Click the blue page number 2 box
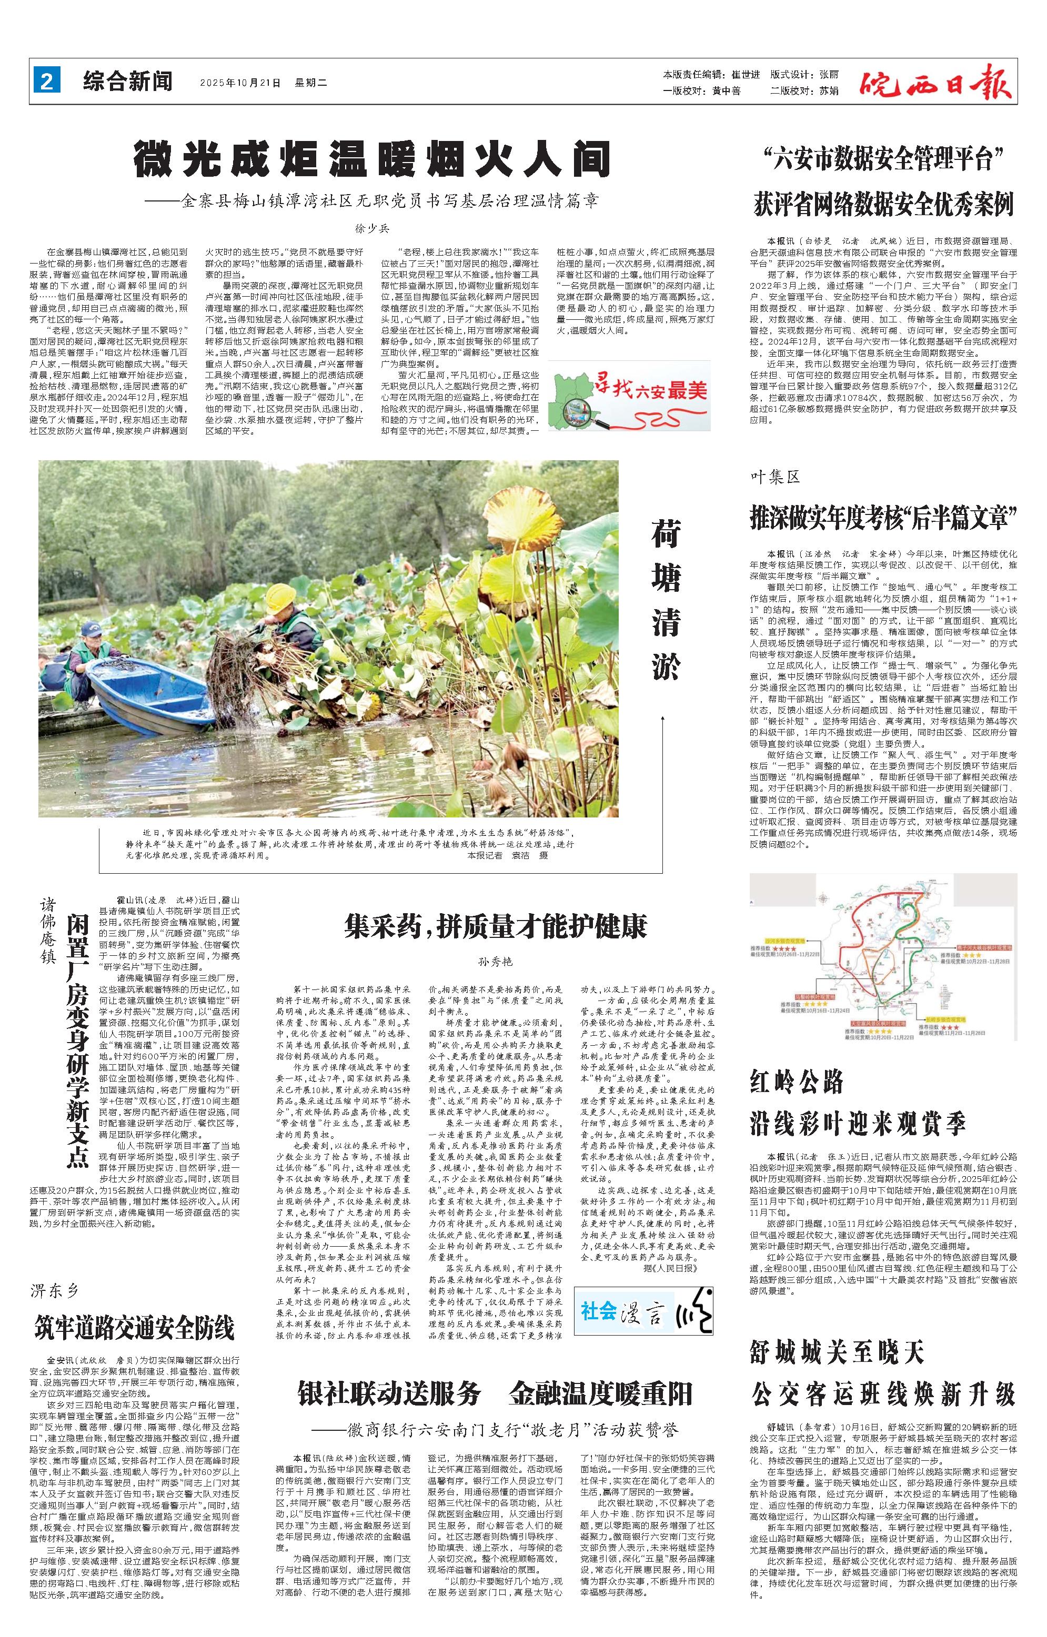click(47, 82)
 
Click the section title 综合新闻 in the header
click(128, 82)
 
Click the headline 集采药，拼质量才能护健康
click(496, 926)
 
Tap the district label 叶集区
click(775, 477)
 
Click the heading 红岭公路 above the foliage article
click(796, 1080)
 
